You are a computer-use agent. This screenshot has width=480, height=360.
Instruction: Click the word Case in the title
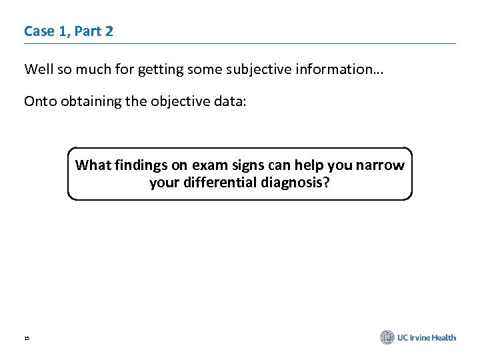coord(38,31)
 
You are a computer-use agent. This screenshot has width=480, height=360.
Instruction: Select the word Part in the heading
coord(84,31)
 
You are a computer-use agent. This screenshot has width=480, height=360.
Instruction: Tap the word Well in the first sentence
coord(38,69)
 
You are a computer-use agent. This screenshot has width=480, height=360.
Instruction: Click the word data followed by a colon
coord(233,101)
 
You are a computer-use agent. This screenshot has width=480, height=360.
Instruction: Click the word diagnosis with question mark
coord(298,183)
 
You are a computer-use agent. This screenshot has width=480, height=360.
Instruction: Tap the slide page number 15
coord(27,339)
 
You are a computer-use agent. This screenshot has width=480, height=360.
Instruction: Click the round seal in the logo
coord(387,337)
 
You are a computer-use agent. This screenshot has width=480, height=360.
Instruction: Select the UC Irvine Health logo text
coord(427,337)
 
